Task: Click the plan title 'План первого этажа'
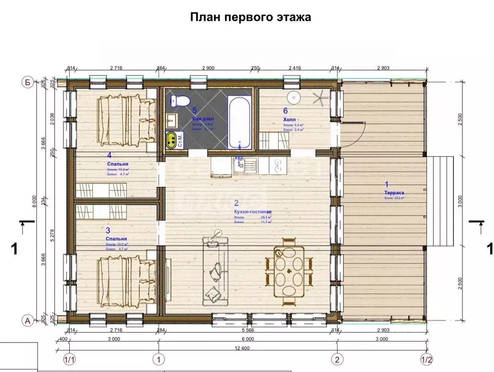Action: [250, 17]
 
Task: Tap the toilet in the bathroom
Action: [180, 101]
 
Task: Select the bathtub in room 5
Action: [240, 123]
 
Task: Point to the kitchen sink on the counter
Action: [239, 166]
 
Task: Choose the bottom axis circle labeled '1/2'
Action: [427, 360]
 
